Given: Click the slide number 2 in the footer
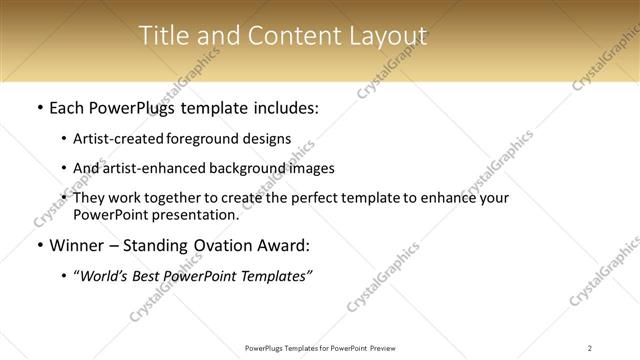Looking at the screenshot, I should click(590, 347).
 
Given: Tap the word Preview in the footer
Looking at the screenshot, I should click(393, 347).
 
